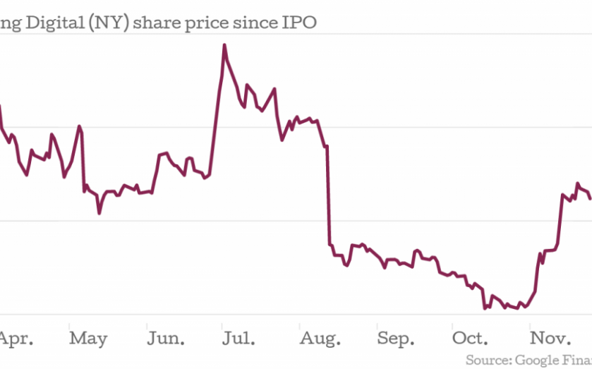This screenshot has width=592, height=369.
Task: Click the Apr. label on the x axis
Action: pyautogui.click(x=13, y=339)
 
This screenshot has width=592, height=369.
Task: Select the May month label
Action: pyautogui.click(x=88, y=339)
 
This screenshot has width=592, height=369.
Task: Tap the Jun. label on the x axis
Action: pyautogui.click(x=166, y=339)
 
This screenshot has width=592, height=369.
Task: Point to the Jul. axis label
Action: pyautogui.click(x=238, y=339)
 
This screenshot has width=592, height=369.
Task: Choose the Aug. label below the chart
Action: pyautogui.click(x=319, y=339)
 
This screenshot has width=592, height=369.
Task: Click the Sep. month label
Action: pyautogui.click(x=396, y=339)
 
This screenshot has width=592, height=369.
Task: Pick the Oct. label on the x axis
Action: pyautogui.click(x=471, y=339)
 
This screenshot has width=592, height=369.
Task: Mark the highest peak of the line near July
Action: pyautogui.click(x=224, y=45)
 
